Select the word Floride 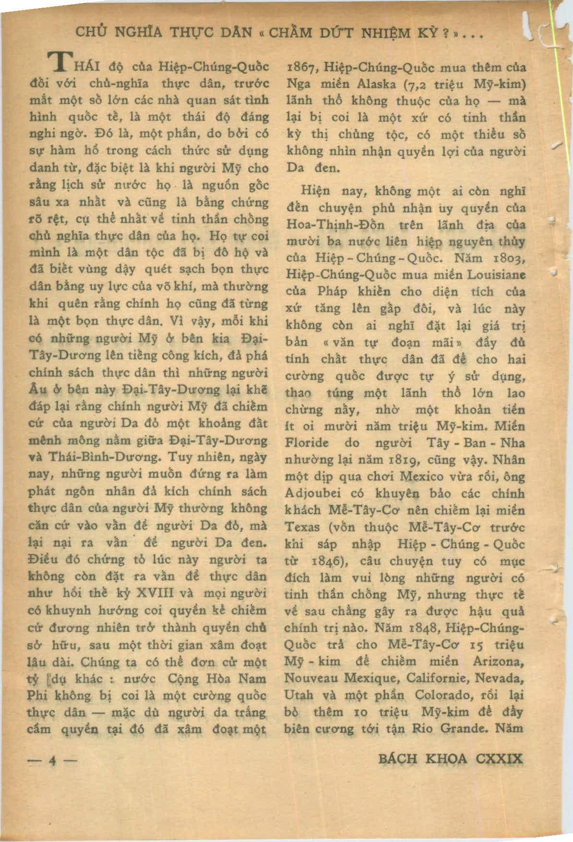307,444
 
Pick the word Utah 299,695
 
